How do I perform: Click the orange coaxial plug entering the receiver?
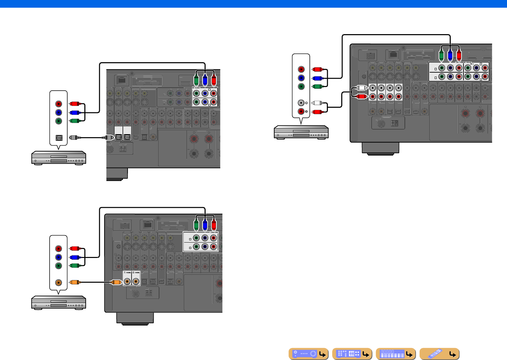(x=116, y=282)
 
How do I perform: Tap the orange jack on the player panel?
(x=59, y=282)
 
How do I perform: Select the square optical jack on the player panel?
(x=59, y=138)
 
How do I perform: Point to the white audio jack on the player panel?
(x=301, y=103)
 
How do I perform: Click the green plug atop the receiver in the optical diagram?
(x=196, y=80)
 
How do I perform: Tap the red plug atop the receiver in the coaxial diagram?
(x=214, y=225)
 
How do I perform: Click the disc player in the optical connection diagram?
(x=59, y=158)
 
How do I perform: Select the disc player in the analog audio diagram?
(x=301, y=132)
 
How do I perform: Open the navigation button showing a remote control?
(x=439, y=354)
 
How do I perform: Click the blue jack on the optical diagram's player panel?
(x=59, y=112)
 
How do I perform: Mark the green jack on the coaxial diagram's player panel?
(x=59, y=266)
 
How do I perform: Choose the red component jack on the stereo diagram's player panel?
(x=301, y=69)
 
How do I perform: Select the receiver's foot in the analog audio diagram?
(x=380, y=148)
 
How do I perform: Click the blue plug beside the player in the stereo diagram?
(x=317, y=78)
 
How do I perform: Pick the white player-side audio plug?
(x=317, y=103)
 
